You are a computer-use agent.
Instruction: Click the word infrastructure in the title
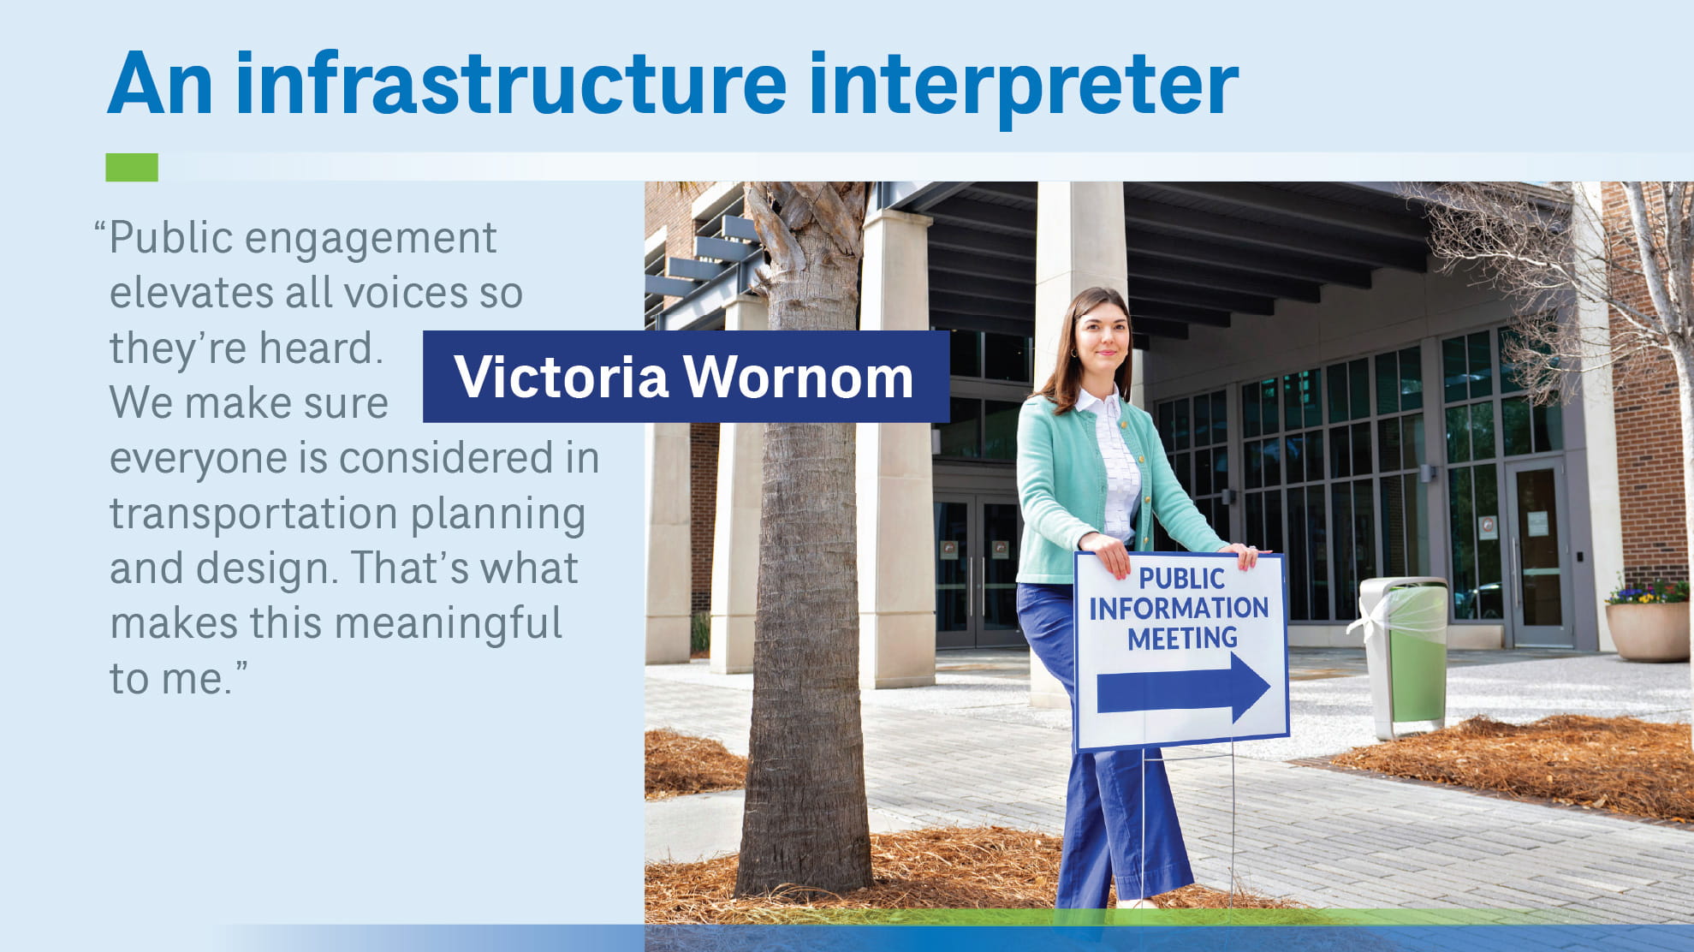click(510, 84)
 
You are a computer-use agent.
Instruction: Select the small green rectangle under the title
click(132, 167)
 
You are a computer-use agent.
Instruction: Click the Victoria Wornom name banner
click(685, 377)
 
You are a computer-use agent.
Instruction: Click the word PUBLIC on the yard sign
click(1181, 579)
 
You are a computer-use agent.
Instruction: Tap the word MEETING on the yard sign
click(1182, 639)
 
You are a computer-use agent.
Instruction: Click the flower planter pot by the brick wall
click(1647, 629)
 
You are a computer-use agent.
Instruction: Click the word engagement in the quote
click(370, 238)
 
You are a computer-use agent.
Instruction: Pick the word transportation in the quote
click(252, 514)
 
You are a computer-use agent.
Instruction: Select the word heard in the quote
click(316, 348)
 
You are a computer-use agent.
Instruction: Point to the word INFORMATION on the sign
click(1179, 609)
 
